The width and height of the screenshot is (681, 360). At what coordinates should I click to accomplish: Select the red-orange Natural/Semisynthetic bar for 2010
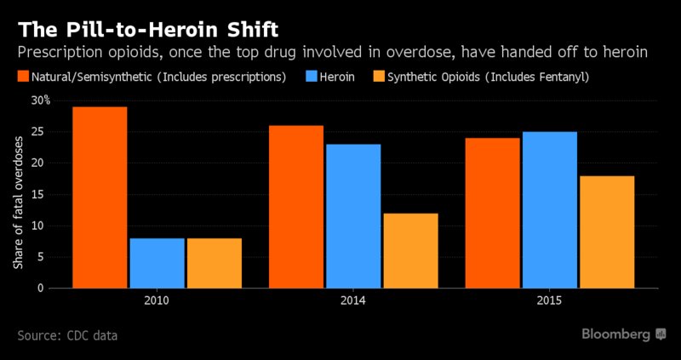(x=100, y=197)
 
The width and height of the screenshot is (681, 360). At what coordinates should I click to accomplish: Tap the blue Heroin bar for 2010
(x=157, y=263)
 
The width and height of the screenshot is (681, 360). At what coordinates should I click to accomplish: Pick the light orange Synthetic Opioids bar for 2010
(x=213, y=263)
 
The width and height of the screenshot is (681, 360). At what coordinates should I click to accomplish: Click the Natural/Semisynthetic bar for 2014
(x=296, y=206)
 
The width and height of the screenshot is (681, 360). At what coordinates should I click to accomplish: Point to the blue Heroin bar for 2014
(x=352, y=216)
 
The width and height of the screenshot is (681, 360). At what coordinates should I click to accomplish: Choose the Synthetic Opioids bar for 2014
(x=409, y=250)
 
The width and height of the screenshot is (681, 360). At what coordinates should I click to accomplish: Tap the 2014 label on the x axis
(x=353, y=300)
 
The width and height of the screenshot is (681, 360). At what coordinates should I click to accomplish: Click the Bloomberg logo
(x=623, y=334)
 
